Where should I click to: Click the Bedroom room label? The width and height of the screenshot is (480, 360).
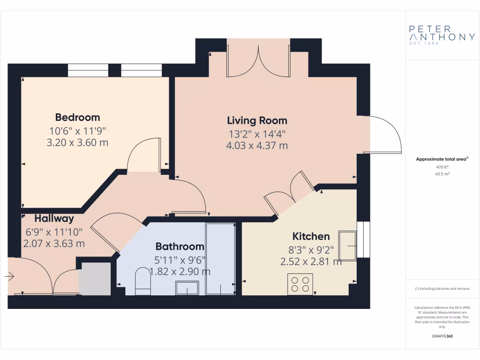pos(77,117)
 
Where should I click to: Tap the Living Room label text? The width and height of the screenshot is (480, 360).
pos(257,120)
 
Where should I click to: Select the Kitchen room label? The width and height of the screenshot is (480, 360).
pos(311,236)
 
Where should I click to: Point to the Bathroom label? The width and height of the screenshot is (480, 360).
pos(180,247)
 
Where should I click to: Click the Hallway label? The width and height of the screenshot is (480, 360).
pos(54,218)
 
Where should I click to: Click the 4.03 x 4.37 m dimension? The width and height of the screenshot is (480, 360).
pos(257,145)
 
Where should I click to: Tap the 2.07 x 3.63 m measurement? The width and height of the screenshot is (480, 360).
pos(54,243)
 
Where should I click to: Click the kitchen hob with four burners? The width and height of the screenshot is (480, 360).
pos(300,284)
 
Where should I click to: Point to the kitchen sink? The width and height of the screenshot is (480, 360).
pos(347,245)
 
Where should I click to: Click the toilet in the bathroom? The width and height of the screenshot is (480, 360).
pos(142,281)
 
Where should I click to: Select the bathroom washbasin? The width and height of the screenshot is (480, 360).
pos(187,287)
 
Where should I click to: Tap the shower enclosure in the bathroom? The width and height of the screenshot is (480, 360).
pos(220,259)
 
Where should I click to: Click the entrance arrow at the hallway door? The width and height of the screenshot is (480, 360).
pos(9,277)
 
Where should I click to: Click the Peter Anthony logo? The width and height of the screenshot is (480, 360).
pos(442,34)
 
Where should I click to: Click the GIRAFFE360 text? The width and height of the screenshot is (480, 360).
pos(442,336)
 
